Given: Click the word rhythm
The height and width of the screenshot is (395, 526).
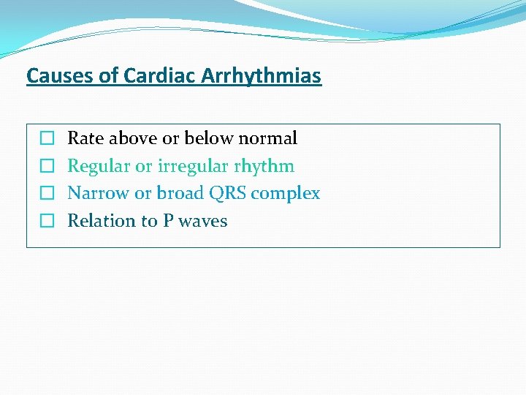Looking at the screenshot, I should (264, 166).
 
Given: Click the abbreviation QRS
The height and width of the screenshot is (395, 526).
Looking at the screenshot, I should (227, 193).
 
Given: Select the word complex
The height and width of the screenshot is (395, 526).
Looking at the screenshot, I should (286, 194).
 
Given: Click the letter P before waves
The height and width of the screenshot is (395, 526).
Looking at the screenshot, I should (167, 221).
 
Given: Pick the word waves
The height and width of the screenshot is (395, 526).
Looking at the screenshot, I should (202, 221).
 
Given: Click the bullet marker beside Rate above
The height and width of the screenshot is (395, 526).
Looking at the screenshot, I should (47, 138).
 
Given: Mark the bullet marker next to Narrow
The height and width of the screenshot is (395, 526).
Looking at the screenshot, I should (47, 194).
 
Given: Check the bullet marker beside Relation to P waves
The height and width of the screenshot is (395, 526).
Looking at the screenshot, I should (47, 221).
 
